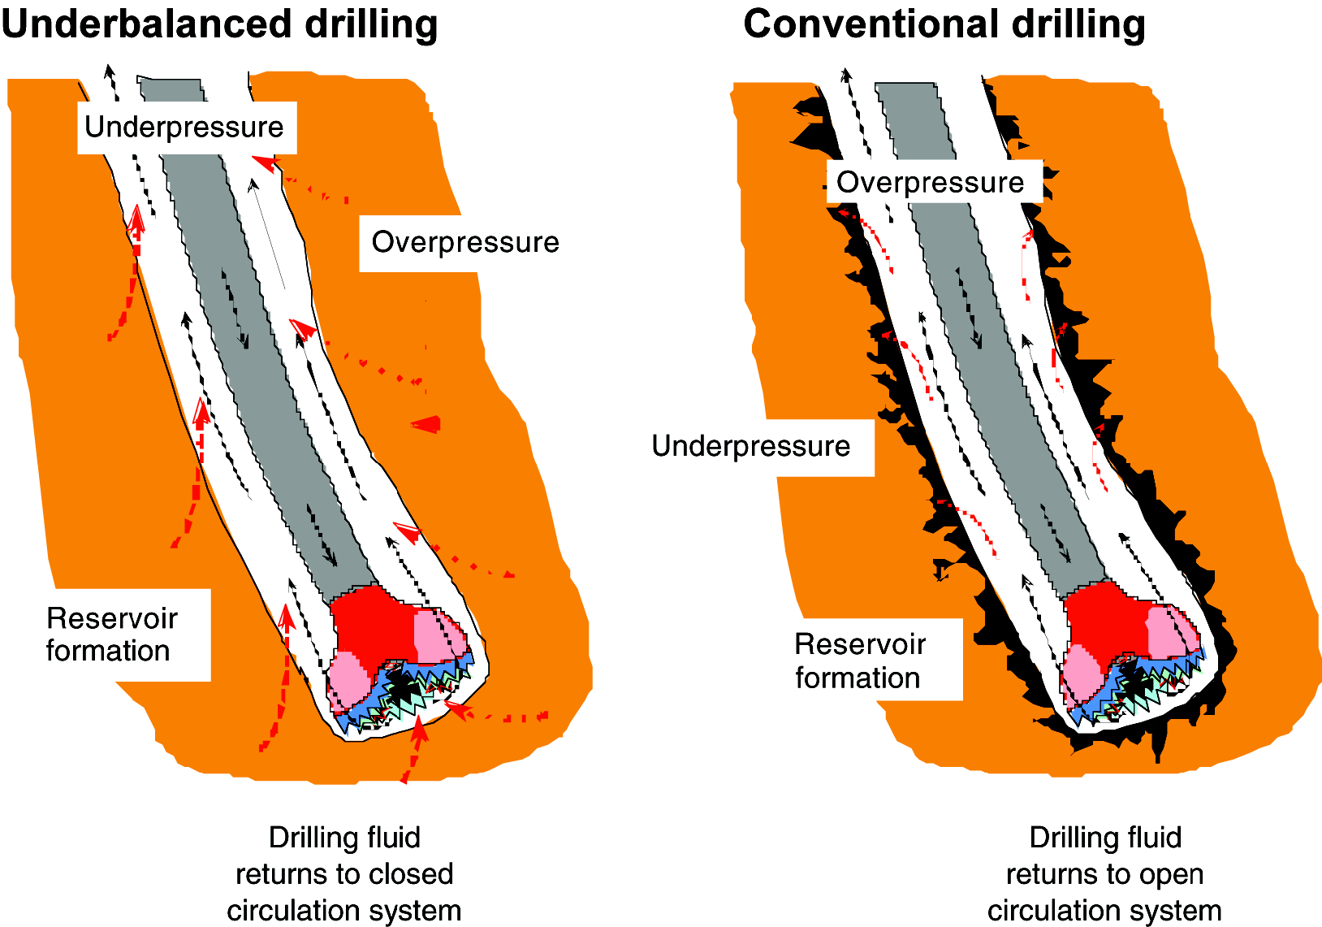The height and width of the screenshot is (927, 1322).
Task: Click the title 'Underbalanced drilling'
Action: click(x=219, y=24)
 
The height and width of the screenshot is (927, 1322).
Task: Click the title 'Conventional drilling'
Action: click(x=944, y=24)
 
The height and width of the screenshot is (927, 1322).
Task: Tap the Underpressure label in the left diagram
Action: click(x=184, y=128)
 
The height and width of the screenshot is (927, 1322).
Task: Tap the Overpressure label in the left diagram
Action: click(x=465, y=242)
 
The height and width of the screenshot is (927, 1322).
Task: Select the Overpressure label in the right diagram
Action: click(x=931, y=183)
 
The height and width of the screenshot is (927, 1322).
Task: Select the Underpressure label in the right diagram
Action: click(x=751, y=446)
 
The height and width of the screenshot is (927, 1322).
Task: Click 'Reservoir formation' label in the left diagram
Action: click(x=111, y=635)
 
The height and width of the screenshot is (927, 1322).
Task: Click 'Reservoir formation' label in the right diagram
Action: click(x=860, y=661)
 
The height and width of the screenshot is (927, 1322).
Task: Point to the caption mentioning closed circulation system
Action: click(x=344, y=874)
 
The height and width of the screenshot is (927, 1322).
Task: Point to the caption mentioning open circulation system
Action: click(x=1104, y=874)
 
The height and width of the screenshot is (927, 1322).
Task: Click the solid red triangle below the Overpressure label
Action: click(x=428, y=424)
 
